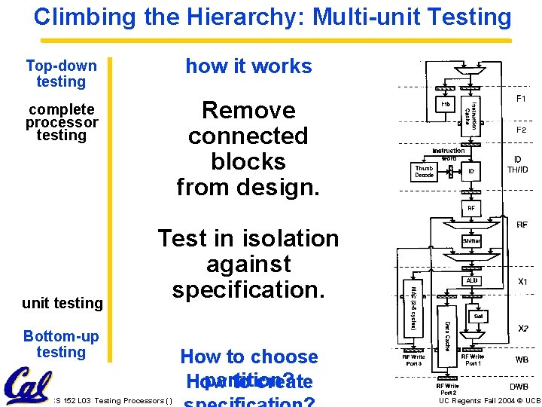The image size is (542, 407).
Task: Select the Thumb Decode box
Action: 425,172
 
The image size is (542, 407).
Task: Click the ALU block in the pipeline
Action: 471,280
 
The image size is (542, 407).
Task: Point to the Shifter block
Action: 471,241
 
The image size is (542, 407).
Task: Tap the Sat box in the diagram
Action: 478,316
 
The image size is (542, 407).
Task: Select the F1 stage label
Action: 521,99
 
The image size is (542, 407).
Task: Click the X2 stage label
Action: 521,329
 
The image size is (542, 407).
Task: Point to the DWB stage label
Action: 519,387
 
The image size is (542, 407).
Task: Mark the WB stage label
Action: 521,360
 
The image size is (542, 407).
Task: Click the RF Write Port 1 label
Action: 474,360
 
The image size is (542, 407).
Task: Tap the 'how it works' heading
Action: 248,66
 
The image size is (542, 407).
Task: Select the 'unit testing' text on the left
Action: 62,303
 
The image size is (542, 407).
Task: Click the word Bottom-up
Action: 61,336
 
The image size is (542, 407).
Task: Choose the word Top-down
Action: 61,66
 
